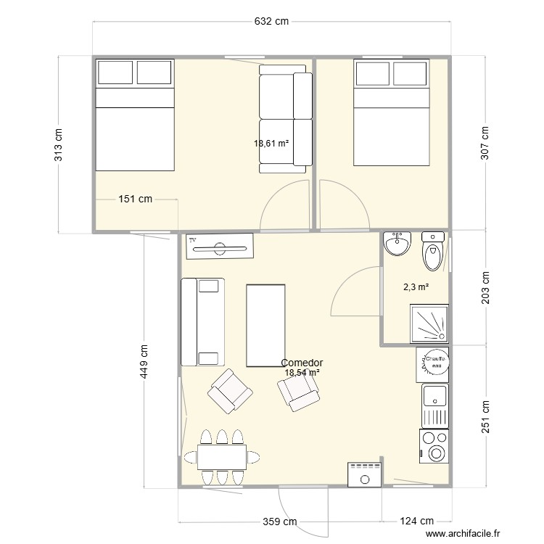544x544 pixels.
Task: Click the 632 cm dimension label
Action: pos(271,22)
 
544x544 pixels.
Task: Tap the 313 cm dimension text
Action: pos(59,144)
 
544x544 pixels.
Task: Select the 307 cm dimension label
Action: pos(485,142)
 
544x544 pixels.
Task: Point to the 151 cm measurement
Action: pos(136,199)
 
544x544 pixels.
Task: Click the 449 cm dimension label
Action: pos(144,360)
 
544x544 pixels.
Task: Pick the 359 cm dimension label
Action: pos(279,521)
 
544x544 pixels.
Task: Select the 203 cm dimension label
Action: pos(485,288)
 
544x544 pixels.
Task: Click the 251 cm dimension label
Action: pos(485,418)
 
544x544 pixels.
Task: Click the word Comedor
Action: pos(302,363)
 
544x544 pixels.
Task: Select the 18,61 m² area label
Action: pos(271,144)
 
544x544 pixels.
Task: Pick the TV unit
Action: pos(220,247)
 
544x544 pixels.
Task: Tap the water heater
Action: pos(434,363)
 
